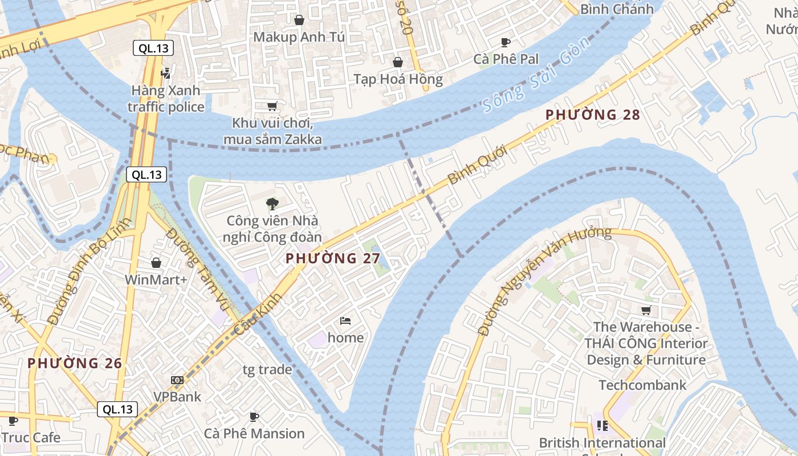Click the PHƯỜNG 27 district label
click(x=333, y=258)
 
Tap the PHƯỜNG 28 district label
click(x=593, y=115)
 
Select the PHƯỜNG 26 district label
click(x=75, y=363)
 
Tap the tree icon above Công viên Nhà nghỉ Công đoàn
click(x=272, y=203)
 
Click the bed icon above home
click(x=345, y=321)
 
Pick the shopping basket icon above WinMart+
click(x=156, y=263)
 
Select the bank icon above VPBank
click(x=177, y=380)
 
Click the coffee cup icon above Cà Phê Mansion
click(x=254, y=417)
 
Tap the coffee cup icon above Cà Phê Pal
click(x=506, y=42)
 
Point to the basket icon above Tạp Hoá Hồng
click(x=398, y=62)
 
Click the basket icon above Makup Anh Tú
click(x=299, y=20)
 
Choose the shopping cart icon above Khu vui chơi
click(x=272, y=106)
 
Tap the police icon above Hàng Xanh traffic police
click(x=166, y=73)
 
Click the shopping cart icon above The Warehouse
click(x=646, y=311)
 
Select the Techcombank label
click(x=642, y=385)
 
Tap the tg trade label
click(x=267, y=370)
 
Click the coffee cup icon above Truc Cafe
click(x=13, y=421)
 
